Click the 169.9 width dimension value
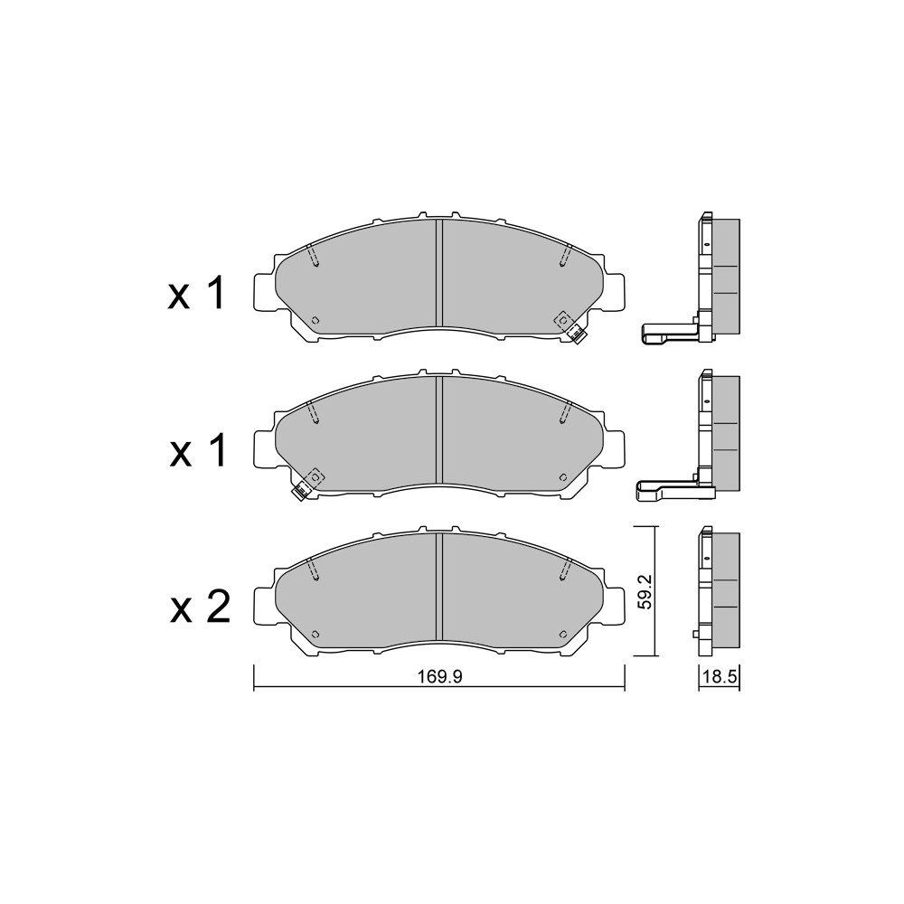[x=440, y=676]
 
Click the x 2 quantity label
[x=200, y=607]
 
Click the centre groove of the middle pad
[x=439, y=430]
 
